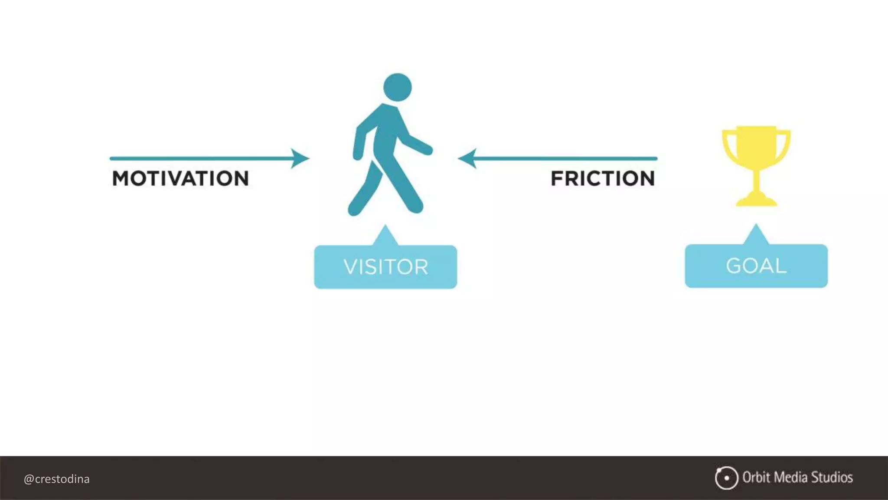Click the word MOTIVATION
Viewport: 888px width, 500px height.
(x=180, y=178)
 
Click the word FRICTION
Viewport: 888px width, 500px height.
(x=603, y=178)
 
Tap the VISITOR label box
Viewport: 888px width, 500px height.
(x=385, y=266)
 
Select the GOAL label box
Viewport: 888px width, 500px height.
(x=756, y=266)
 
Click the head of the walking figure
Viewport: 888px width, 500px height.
(x=397, y=87)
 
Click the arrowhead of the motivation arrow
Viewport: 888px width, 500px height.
(x=300, y=158)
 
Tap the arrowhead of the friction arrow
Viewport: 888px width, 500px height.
(x=467, y=158)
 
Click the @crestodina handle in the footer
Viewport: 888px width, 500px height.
(x=57, y=479)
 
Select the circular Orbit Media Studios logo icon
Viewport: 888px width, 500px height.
(x=726, y=478)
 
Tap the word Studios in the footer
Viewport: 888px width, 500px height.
(x=832, y=477)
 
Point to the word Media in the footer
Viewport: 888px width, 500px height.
(x=790, y=477)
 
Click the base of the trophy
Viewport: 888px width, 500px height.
(x=757, y=201)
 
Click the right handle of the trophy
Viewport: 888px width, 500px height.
(x=785, y=143)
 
